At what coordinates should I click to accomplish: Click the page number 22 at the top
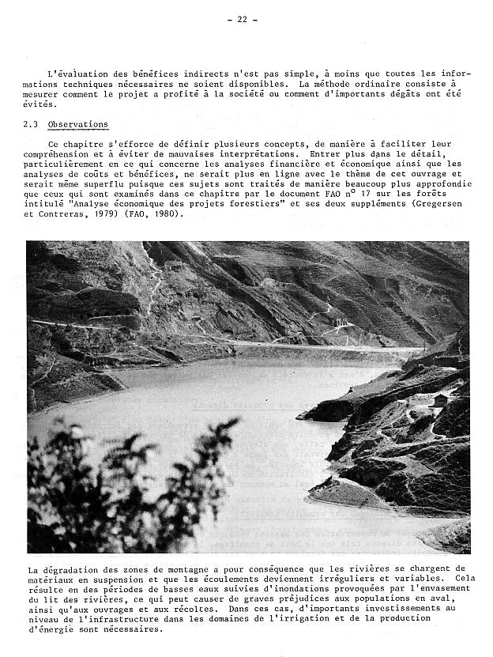tap(247, 20)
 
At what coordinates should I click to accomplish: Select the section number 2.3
tap(32, 125)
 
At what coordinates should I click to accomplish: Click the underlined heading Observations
tap(77, 125)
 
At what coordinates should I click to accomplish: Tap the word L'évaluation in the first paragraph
tap(76, 74)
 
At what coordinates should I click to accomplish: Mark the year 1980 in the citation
tap(167, 213)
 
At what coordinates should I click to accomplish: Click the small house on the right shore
tap(440, 401)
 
